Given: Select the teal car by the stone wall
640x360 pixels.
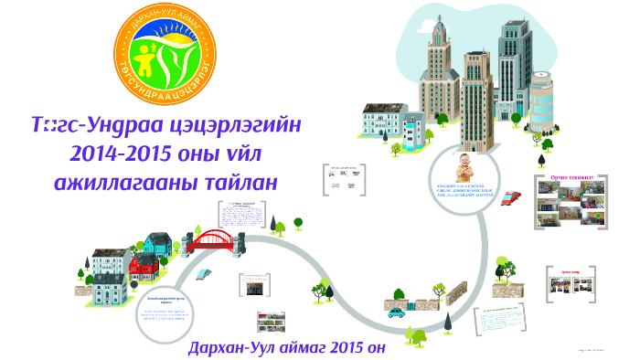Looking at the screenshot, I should (396, 312).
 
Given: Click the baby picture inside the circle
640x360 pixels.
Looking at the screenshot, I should (465, 170).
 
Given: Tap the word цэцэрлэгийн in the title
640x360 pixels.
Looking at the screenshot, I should (242, 122).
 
